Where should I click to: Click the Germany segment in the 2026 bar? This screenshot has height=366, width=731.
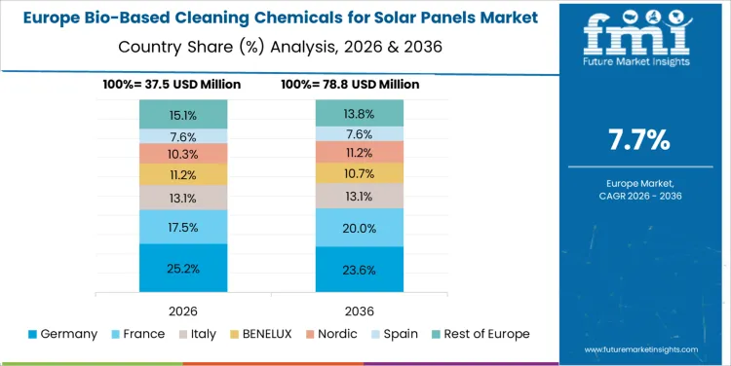pos(182,268)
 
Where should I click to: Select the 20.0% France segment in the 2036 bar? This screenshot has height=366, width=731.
pos(360,228)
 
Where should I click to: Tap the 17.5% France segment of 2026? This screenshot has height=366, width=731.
pos(182,227)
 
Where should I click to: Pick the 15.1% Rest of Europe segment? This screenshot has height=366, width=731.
pos(182,115)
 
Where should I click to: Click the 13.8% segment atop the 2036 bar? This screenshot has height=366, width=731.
pos(360,114)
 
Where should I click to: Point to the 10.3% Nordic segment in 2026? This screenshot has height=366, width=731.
pos(182,154)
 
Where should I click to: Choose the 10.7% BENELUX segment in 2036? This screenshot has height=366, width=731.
pos(360,172)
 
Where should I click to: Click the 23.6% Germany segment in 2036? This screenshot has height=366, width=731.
pos(360,270)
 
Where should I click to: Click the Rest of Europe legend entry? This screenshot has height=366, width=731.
pos(479,334)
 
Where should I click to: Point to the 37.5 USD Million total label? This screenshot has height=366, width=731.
pos(172,85)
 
